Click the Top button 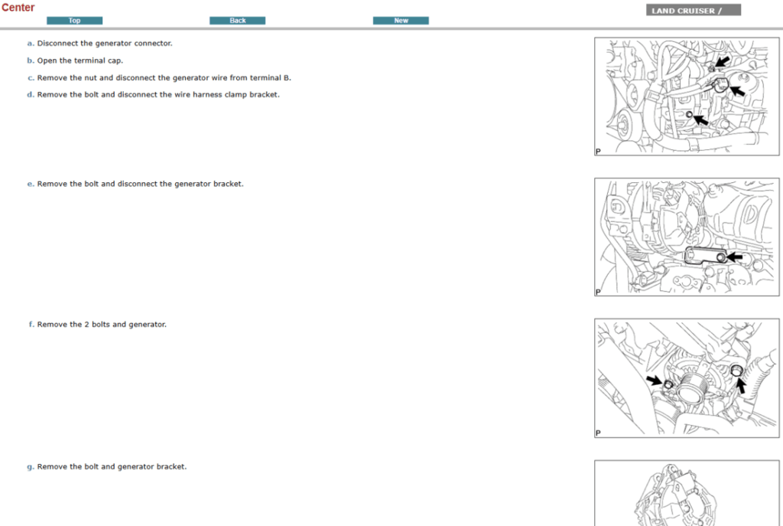click(x=74, y=21)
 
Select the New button click(x=401, y=21)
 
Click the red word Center click(x=18, y=8)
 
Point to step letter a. click(x=30, y=44)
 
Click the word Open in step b click(x=47, y=60)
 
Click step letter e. click(x=30, y=184)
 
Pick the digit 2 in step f click(x=86, y=325)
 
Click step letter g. click(x=30, y=467)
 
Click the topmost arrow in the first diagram click(x=723, y=61)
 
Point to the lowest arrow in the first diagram click(x=700, y=120)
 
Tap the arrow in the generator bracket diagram click(x=734, y=257)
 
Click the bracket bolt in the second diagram click(x=720, y=257)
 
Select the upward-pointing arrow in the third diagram click(x=740, y=385)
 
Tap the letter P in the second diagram click(x=598, y=292)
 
